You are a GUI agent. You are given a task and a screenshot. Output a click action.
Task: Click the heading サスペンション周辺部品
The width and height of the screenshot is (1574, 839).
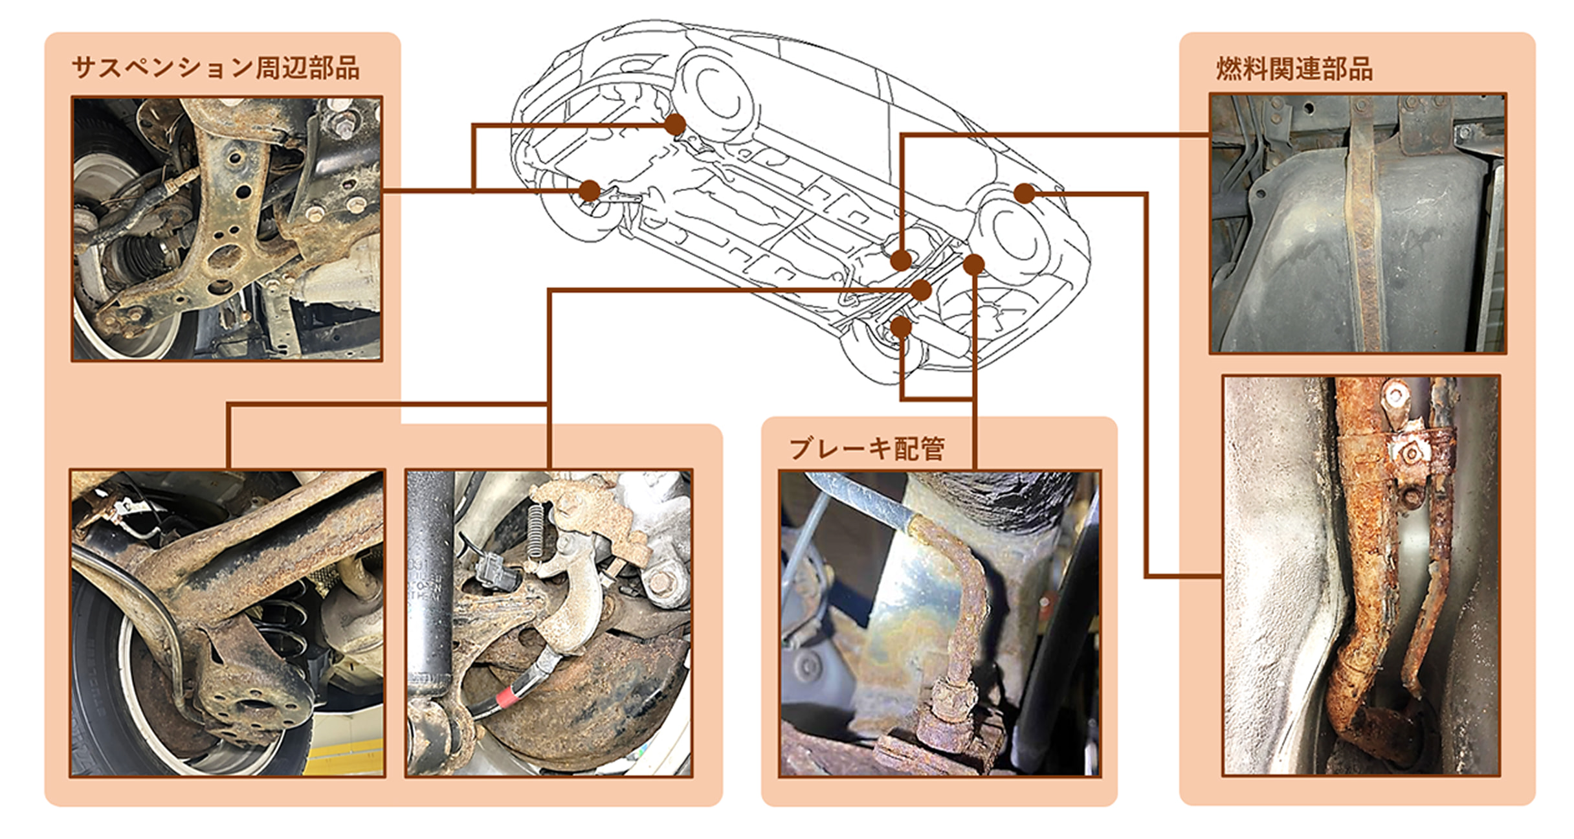click(x=216, y=68)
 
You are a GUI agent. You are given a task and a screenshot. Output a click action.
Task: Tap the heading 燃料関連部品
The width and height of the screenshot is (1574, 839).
click(x=1294, y=69)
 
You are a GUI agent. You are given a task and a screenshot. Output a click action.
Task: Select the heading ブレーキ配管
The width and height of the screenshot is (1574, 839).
click(x=867, y=448)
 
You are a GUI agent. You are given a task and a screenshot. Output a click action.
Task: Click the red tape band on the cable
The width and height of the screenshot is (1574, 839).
click(x=506, y=697)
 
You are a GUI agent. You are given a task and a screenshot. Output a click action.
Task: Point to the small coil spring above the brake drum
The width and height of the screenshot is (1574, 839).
click(x=536, y=531)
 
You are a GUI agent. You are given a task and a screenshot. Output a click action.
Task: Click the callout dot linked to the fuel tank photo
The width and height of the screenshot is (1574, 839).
click(x=901, y=261)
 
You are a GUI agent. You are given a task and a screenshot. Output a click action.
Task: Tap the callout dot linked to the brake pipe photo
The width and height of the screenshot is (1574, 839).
click(x=974, y=264)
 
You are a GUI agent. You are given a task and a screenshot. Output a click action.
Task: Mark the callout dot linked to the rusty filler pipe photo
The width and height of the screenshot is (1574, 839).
click(x=1025, y=193)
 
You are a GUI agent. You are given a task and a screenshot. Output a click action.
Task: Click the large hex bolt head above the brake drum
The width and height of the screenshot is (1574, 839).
click(x=660, y=583)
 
